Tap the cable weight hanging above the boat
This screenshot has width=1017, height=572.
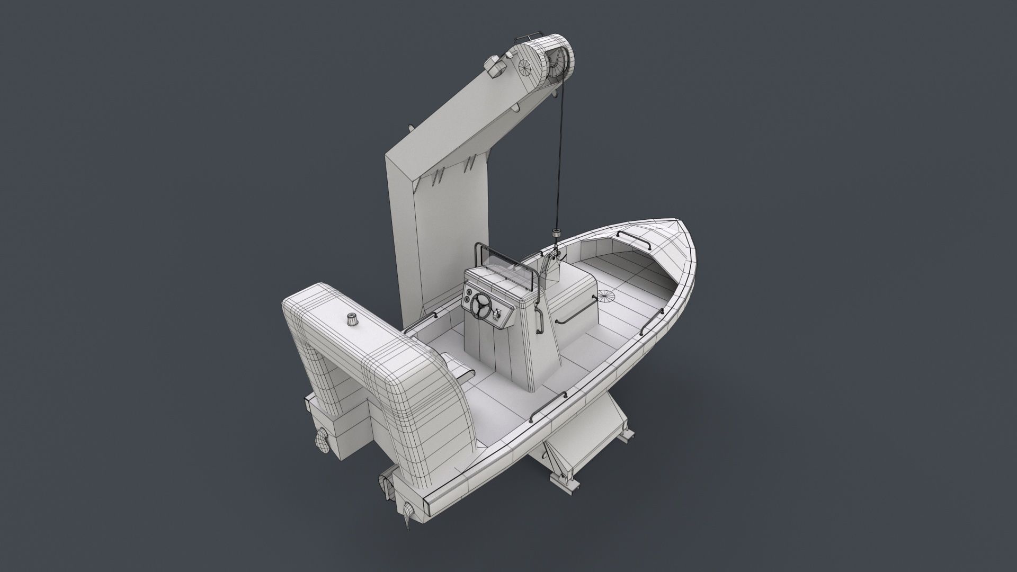click(x=556, y=234)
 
